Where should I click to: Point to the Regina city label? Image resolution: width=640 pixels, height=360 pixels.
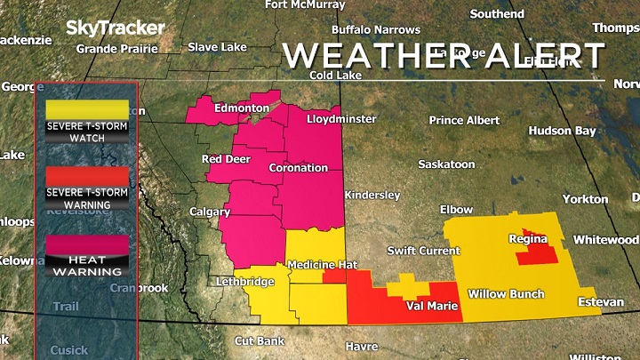point(527,238)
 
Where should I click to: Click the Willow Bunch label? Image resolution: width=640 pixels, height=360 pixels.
point(506,294)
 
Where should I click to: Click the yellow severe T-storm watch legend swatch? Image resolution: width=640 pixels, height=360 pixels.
point(87,109)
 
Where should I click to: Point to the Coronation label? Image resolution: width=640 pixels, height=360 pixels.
point(298,168)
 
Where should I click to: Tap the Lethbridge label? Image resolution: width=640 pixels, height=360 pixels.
point(245,282)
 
